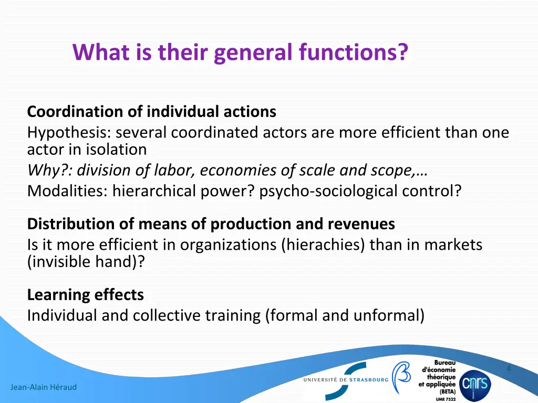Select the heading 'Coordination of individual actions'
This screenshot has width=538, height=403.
click(x=151, y=112)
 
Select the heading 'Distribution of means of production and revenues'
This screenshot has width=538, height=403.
click(x=211, y=224)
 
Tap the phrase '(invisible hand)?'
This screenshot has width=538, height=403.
click(x=86, y=261)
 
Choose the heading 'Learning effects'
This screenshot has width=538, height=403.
click(x=85, y=295)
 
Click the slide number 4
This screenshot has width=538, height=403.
click(x=509, y=368)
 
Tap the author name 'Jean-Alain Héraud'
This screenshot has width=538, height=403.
click(x=43, y=387)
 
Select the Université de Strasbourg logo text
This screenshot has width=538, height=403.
click(x=345, y=379)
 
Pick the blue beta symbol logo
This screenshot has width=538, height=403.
click(x=401, y=377)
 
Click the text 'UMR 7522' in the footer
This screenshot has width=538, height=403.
click(x=446, y=399)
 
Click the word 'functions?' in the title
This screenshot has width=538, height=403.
click(x=354, y=52)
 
